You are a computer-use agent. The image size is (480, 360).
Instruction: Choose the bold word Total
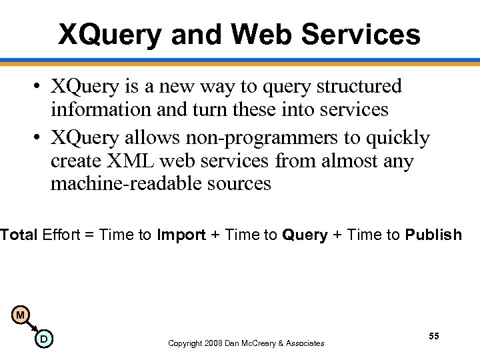19,235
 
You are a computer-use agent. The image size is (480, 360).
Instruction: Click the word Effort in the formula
62,235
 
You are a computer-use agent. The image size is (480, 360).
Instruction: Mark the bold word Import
181,235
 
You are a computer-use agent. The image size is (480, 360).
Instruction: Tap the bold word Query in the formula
305,235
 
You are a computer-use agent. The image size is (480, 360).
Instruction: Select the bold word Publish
433,235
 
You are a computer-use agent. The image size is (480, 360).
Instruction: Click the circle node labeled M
21,315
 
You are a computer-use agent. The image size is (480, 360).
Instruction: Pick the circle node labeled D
43,339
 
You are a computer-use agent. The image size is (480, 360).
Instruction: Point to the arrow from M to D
32,327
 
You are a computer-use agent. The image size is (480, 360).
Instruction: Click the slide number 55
433,336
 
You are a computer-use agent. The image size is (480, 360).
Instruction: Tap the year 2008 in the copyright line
213,343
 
